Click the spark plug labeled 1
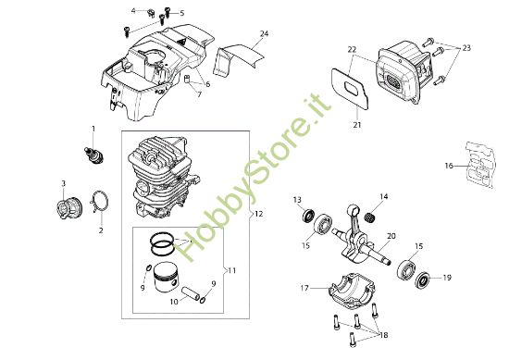[93, 155]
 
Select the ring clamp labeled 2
[100, 202]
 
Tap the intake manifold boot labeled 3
[68, 208]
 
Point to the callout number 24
[265, 33]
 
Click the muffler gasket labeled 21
[351, 88]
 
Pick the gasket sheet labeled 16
[481, 165]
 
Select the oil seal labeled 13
[308, 216]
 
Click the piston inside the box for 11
[166, 277]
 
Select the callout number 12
[259, 215]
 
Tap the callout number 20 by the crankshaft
[391, 236]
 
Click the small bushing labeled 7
[187, 80]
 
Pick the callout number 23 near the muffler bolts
[466, 48]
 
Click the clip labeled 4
[151, 13]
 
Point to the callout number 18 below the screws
[384, 335]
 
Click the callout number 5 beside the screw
[182, 13]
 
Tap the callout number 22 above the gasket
[352, 50]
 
